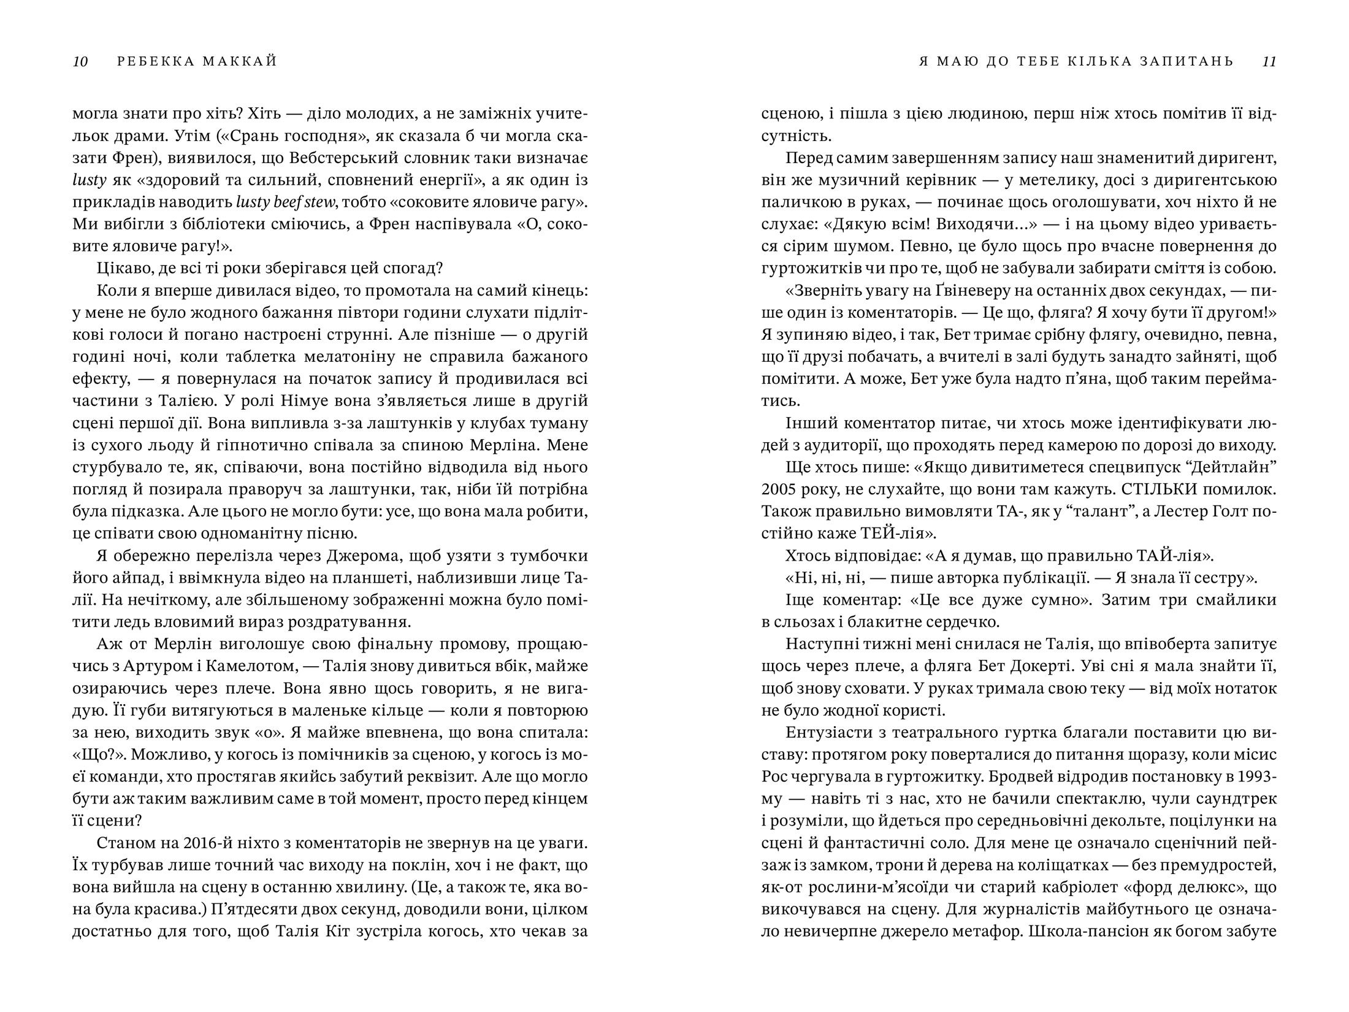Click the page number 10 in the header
click(80, 61)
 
